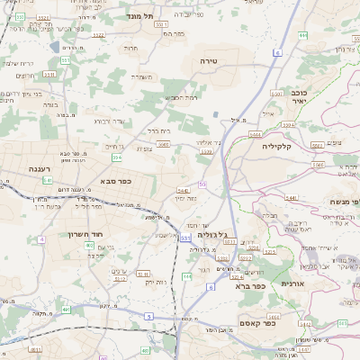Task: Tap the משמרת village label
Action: click(142, 76)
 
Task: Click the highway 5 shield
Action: click(148, 315)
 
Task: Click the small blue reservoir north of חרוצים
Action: click(55, 47)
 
